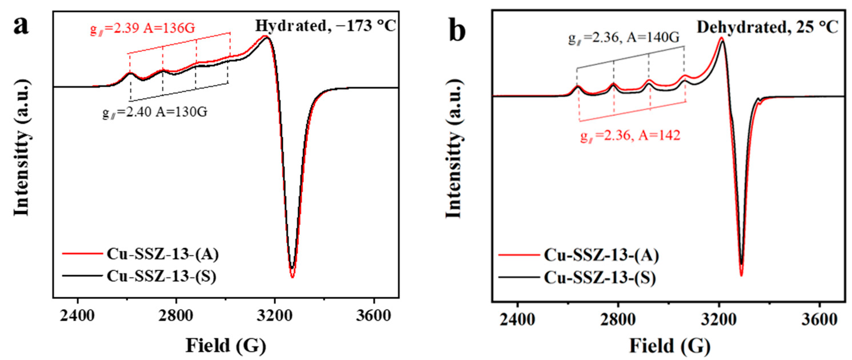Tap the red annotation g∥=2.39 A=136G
point(143,29)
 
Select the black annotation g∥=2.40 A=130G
point(154,112)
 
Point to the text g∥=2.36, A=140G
point(624,38)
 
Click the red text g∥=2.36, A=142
point(630,135)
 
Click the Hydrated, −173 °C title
point(326,26)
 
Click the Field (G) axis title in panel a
point(226,345)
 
